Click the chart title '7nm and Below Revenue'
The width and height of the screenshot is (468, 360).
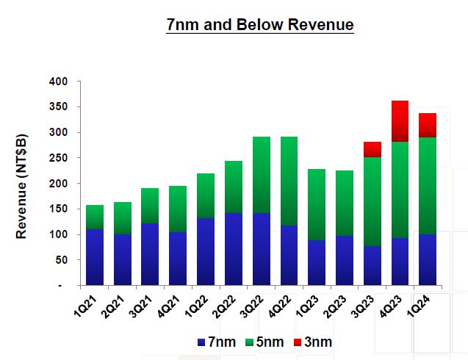pyautogui.click(x=260, y=25)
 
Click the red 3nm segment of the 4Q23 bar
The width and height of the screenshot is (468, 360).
pyautogui.click(x=400, y=121)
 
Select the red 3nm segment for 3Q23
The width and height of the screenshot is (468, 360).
pyautogui.click(x=372, y=149)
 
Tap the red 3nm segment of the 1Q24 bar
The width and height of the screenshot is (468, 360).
pyautogui.click(x=428, y=125)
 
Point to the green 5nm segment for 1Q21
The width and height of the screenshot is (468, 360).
pyautogui.click(x=95, y=217)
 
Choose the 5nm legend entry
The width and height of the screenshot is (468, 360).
pyautogui.click(x=262, y=342)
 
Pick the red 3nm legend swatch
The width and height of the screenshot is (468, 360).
pyautogui.click(x=297, y=342)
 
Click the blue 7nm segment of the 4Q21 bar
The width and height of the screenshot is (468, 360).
pyautogui.click(x=178, y=258)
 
